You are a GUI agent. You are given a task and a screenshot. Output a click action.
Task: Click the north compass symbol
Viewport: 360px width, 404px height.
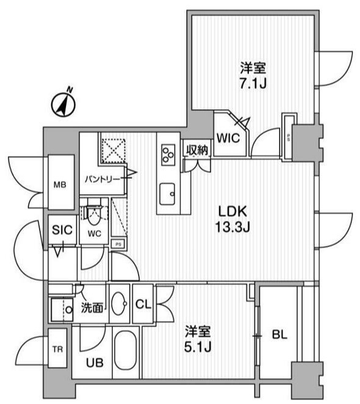pos(63,104)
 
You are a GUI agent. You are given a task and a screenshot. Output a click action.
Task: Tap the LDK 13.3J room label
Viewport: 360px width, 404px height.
pos(232,219)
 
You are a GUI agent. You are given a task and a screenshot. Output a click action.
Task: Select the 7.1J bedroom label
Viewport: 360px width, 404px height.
pos(253,76)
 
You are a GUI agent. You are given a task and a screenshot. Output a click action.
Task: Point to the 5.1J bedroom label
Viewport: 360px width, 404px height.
pos(198,339)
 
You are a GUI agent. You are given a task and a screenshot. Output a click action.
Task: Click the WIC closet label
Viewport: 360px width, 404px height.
pos(228,138)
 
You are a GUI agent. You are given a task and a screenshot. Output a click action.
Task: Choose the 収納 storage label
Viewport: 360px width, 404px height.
pos(197,150)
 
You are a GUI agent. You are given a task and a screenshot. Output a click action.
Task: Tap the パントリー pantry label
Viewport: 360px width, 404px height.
pos(103,179)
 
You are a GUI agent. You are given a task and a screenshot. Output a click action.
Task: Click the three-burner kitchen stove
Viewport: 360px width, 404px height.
pos(168,154)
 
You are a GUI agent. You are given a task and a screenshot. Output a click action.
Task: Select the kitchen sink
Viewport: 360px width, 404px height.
pos(167,193)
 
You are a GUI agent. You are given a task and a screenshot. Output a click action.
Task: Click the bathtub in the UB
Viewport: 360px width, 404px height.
pos(126,350)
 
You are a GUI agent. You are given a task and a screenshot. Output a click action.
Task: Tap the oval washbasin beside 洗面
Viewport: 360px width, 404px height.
pos(120,304)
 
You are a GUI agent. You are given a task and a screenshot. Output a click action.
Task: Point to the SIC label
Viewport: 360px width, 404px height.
pos(62,229)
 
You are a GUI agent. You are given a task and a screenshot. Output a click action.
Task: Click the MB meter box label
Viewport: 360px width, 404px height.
pos(60,184)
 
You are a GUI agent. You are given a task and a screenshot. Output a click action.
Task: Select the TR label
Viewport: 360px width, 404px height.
pos(57,349)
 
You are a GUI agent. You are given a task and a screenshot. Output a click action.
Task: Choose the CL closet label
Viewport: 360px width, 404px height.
pos(143,305)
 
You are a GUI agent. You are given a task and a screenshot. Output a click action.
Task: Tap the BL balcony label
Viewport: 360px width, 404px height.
pos(279,335)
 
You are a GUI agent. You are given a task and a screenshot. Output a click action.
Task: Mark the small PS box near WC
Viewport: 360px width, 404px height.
pos(118,244)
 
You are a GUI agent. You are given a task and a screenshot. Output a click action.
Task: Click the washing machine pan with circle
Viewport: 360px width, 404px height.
pos(62,309)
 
